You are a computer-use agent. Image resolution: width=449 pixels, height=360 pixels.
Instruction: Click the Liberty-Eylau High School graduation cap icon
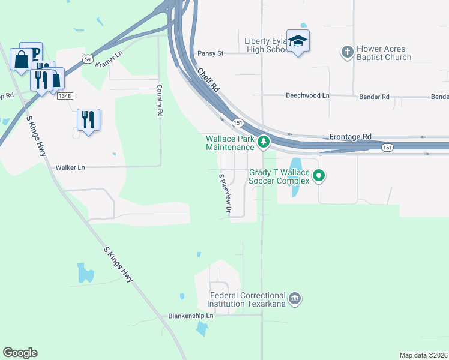tap(298, 41)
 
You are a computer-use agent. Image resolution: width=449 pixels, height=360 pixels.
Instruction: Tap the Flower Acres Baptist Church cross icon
tap(347, 52)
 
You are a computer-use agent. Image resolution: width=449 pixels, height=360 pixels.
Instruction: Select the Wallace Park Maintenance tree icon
tap(263, 142)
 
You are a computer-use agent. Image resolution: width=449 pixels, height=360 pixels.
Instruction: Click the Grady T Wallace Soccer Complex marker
tap(319, 176)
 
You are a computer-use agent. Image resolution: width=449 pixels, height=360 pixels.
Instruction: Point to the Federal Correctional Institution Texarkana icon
tap(294, 298)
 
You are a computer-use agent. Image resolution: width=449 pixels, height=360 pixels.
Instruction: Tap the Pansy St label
tap(210, 53)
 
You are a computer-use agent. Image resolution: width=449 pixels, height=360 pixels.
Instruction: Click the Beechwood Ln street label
tap(307, 96)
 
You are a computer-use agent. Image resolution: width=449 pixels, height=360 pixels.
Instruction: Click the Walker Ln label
tap(70, 168)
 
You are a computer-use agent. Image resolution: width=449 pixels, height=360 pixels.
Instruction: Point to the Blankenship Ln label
tap(191, 316)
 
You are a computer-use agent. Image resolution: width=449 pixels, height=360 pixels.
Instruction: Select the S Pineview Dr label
tap(225, 194)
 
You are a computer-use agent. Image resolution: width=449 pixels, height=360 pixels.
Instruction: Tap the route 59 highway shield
tap(88, 59)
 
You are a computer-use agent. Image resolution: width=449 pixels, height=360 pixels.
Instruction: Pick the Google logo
tap(20, 353)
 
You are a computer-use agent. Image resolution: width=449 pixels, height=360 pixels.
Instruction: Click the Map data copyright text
tap(423, 355)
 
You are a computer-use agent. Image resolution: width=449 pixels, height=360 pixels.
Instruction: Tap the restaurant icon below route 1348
tap(88, 119)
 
